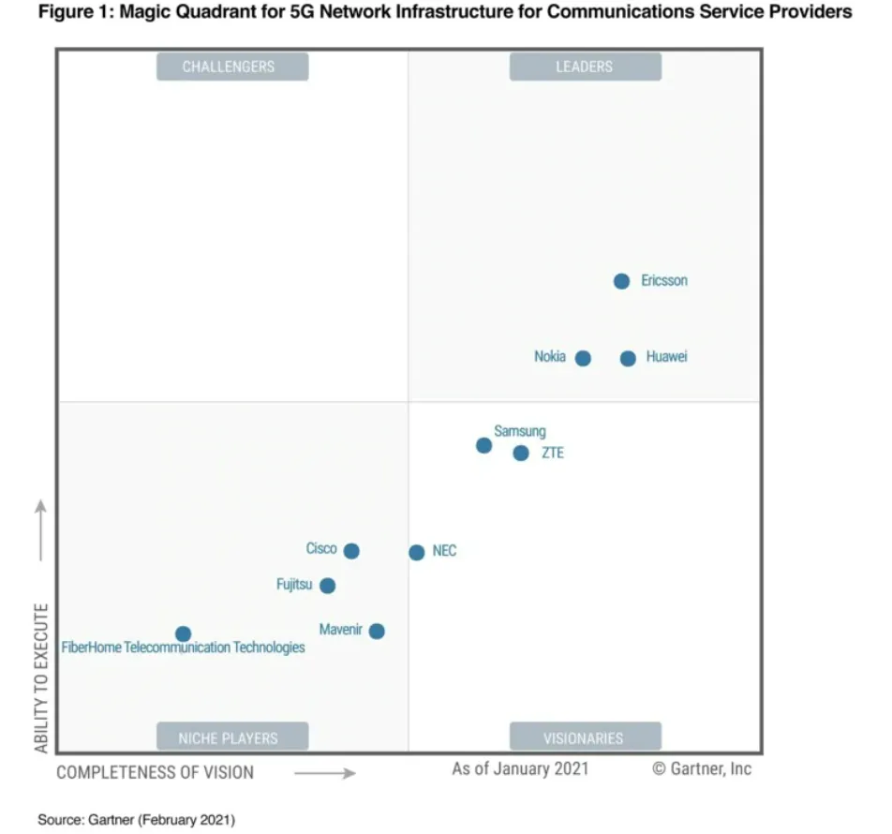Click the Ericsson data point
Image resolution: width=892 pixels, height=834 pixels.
[x=621, y=281]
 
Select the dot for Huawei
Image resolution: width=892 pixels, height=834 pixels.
[x=628, y=358]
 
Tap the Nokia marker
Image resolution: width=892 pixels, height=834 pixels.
[x=583, y=358]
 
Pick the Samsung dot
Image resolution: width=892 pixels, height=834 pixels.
[x=483, y=445]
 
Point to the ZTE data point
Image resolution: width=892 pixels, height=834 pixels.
[x=521, y=454]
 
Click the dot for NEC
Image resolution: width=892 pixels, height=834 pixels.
[x=417, y=552]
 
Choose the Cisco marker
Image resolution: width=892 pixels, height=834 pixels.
[x=351, y=551]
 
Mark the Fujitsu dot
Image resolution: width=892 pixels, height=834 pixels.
[x=327, y=586]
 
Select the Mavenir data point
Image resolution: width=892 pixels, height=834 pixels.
[x=377, y=631]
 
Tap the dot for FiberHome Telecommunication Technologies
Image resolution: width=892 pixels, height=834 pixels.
[x=184, y=634]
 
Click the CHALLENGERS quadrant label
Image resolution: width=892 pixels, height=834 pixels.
[x=231, y=67]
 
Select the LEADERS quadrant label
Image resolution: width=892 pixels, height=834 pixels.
[x=585, y=67]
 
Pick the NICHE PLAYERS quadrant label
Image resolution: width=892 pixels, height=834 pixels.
[x=231, y=737]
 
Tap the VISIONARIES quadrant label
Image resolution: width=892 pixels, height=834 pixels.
[x=585, y=737]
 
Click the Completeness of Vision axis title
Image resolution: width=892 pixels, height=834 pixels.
[x=156, y=772]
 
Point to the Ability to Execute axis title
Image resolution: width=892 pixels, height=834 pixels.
[x=41, y=678]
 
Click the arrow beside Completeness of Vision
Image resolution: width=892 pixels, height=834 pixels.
[x=324, y=773]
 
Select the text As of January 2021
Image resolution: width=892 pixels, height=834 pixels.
[x=520, y=768]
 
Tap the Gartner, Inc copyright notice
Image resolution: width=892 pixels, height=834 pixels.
[x=702, y=768]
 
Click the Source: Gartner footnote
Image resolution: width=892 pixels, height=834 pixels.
[x=137, y=820]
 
